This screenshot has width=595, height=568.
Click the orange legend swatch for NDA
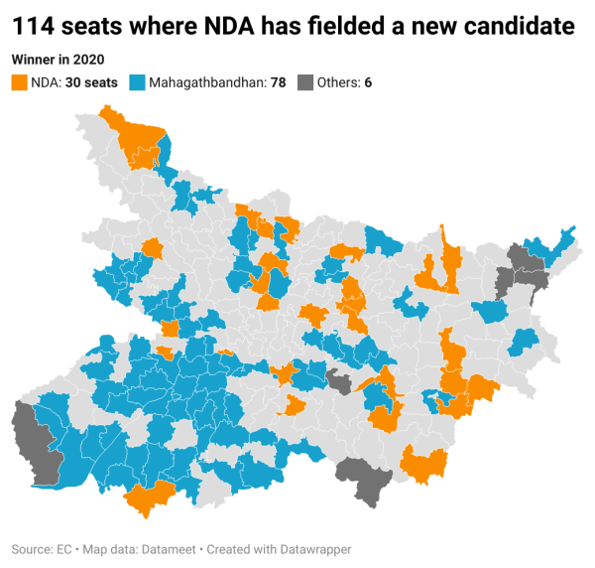20,82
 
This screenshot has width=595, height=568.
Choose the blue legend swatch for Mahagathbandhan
135,82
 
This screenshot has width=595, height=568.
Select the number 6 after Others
368,82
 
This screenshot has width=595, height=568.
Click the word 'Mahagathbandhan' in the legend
205,82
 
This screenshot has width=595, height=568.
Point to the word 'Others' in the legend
337,82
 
